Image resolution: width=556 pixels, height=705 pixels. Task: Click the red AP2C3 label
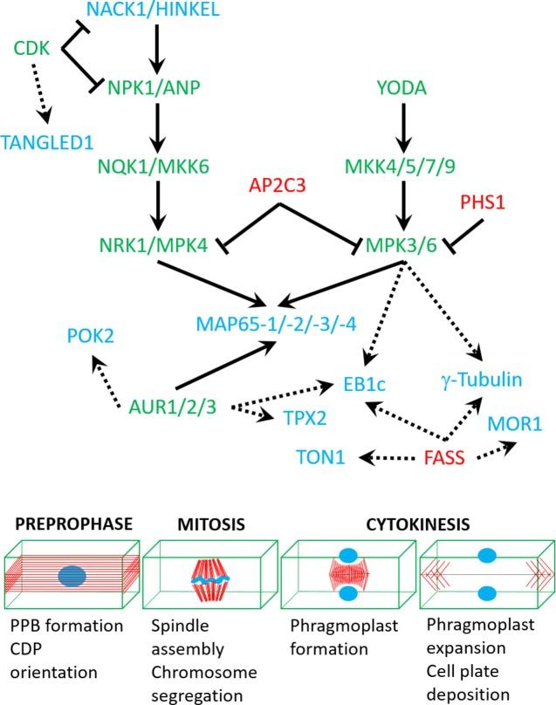(280, 184)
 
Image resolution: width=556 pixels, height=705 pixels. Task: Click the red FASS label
(445, 456)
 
